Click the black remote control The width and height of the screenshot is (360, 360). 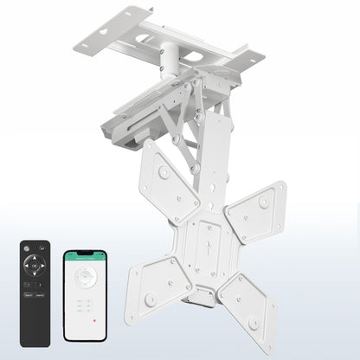click(35, 293)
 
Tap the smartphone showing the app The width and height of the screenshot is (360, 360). click(85, 295)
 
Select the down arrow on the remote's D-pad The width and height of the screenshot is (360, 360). click(35, 275)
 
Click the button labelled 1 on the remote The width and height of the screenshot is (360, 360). click(29, 285)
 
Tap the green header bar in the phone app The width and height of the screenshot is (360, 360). click(85, 257)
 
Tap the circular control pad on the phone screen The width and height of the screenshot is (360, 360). click(85, 276)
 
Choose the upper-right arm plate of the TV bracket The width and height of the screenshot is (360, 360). click(256, 209)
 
